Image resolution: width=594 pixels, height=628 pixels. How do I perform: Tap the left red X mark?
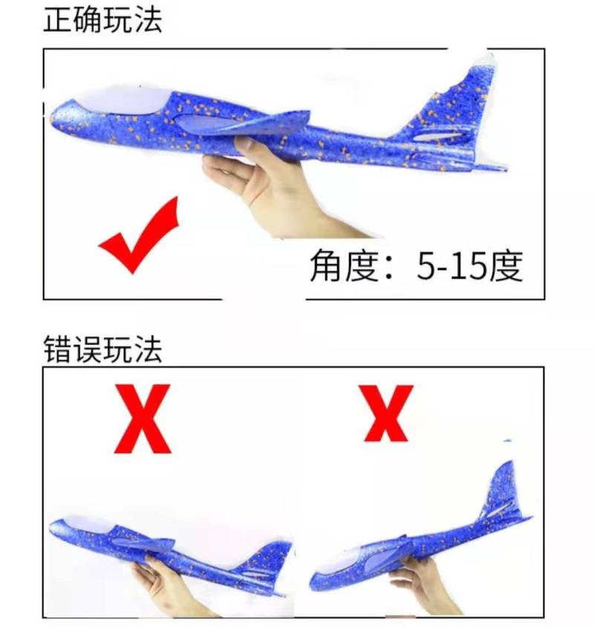(x=143, y=419)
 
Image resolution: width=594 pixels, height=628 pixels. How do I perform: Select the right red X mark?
(x=386, y=413)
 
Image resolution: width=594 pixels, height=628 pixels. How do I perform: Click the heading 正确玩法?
(x=102, y=19)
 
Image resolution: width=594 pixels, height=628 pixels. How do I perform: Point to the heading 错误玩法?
(x=102, y=349)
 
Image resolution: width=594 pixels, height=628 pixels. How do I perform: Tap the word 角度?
(x=345, y=265)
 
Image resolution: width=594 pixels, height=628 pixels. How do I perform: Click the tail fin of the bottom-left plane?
(x=264, y=559)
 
